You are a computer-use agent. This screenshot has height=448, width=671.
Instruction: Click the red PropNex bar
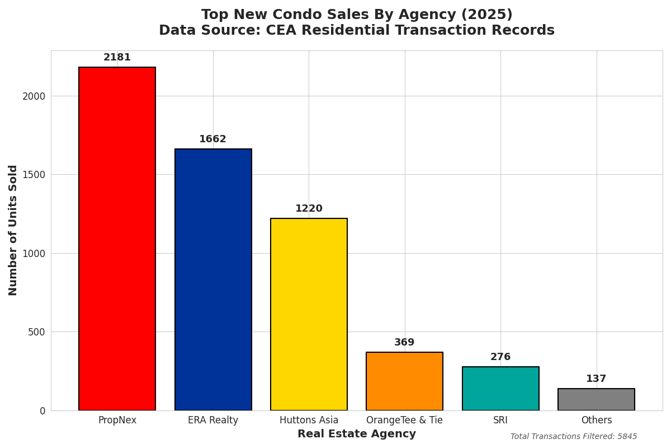point(117,239)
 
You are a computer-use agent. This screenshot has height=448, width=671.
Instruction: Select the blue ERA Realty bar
point(213,279)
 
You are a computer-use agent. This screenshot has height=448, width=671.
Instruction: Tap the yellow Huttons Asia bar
point(309,314)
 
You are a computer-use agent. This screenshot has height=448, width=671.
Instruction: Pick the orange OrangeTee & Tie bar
point(404,381)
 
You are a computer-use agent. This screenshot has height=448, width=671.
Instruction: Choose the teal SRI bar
point(500,389)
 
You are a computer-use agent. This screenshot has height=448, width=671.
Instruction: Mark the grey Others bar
point(596,399)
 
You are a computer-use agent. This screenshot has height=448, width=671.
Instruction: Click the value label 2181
point(117,58)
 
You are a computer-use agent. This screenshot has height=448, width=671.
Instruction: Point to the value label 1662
point(213,139)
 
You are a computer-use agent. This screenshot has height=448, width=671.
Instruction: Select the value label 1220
point(309,209)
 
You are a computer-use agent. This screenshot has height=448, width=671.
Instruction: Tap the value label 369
point(404,343)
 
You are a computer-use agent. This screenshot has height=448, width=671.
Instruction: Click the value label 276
point(500,357)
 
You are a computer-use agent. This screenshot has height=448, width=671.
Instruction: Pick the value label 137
point(596,379)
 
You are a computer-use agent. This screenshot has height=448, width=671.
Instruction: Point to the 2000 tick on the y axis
point(34,96)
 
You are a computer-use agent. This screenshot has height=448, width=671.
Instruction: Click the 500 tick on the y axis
point(37,332)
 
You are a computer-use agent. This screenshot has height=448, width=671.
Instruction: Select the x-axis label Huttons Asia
point(309,421)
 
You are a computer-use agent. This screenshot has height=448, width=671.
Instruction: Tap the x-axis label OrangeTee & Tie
point(404,421)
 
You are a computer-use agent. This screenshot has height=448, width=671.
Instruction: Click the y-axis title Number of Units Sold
point(13,230)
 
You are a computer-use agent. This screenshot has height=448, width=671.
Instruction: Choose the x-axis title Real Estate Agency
point(357,434)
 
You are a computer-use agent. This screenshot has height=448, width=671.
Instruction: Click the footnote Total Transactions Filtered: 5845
point(574,437)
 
